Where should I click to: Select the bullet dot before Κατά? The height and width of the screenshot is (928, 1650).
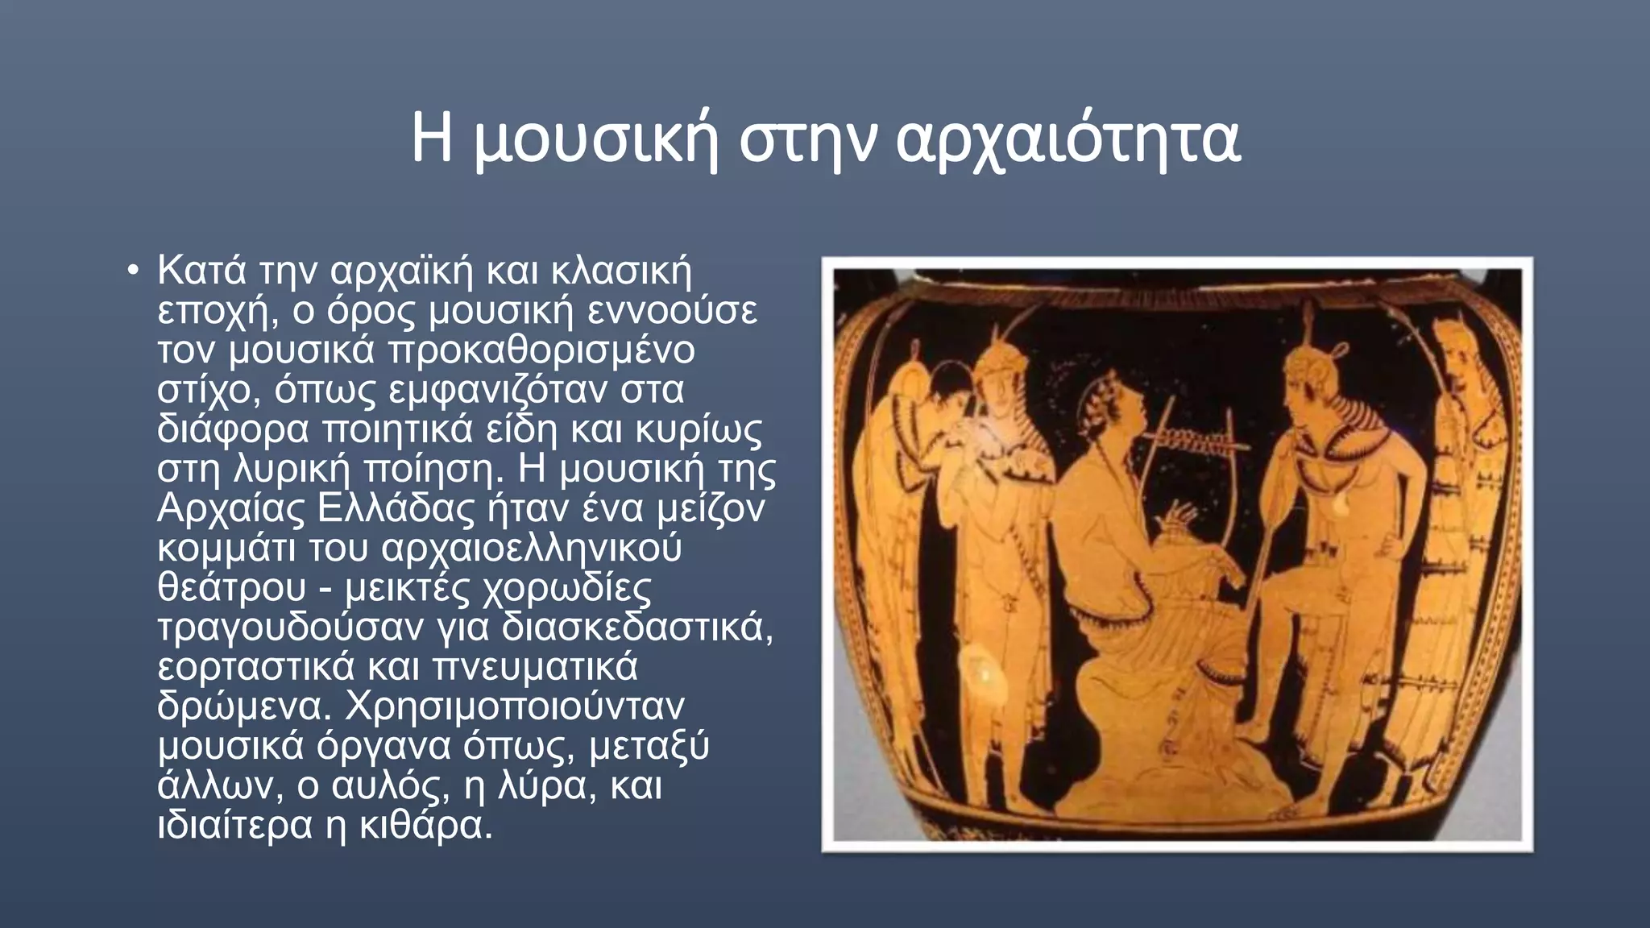tap(134, 271)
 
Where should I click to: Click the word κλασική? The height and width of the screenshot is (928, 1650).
tap(621, 271)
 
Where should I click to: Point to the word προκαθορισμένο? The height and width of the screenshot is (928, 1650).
tap(541, 350)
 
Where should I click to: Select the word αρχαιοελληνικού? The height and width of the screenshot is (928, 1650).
tap(532, 548)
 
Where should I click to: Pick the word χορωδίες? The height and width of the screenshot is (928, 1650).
tap(566, 587)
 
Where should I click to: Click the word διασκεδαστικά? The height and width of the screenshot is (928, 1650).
tap(636, 627)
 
